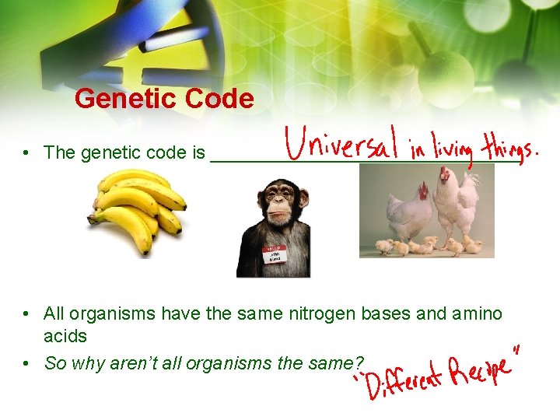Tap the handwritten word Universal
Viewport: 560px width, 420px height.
(341, 145)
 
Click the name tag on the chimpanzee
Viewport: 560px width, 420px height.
(274, 255)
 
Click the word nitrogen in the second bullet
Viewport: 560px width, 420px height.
(322, 314)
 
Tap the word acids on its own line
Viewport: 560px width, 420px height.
(65, 337)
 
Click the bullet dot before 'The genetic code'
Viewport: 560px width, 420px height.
(26, 153)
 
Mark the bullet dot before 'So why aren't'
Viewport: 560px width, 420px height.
(26, 363)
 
